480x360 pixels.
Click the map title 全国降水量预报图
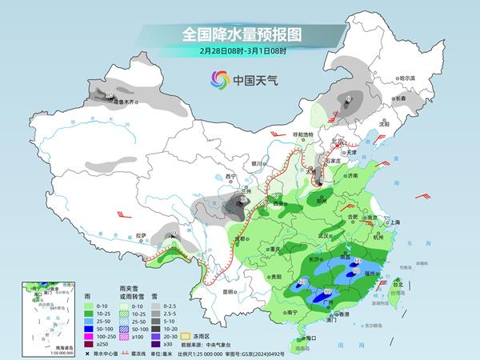240,34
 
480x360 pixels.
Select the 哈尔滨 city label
408,78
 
